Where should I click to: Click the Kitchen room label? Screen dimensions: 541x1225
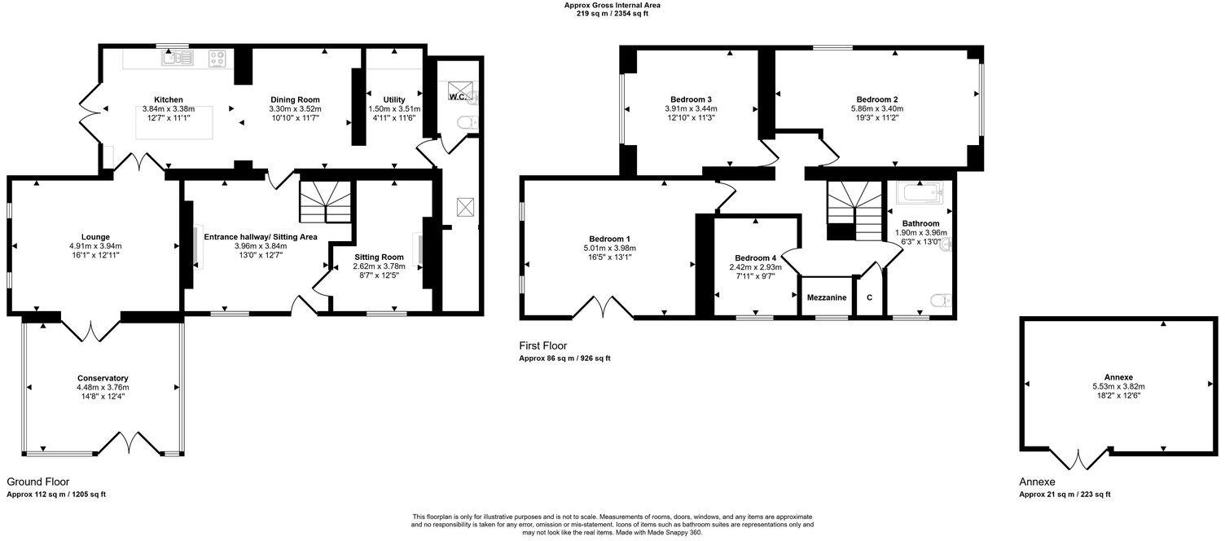169,99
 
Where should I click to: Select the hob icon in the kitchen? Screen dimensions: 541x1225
217,58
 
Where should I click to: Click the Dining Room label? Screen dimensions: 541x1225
294,99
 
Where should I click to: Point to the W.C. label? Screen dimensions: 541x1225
457,97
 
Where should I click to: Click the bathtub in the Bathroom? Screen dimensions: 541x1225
919,193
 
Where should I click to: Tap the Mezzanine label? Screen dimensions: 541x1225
827,298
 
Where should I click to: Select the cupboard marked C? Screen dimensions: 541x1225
869,298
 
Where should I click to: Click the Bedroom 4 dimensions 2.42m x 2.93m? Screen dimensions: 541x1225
755,266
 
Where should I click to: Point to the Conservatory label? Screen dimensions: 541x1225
103,378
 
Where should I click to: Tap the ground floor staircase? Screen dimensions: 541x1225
326,203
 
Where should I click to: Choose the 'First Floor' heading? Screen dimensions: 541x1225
543,346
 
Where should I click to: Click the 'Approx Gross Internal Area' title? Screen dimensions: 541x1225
612,5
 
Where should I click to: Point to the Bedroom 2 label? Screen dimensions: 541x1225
876,99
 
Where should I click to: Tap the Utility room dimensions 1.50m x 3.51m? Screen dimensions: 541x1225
394,108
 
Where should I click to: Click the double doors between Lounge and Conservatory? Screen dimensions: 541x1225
90,328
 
